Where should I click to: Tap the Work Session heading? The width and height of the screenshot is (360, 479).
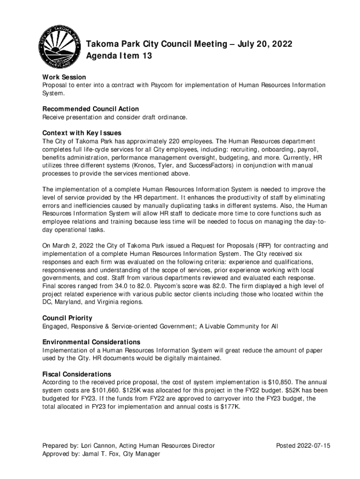64,77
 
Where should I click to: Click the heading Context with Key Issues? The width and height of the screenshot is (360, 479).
82,133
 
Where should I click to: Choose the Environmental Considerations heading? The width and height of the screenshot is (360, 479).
91,342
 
